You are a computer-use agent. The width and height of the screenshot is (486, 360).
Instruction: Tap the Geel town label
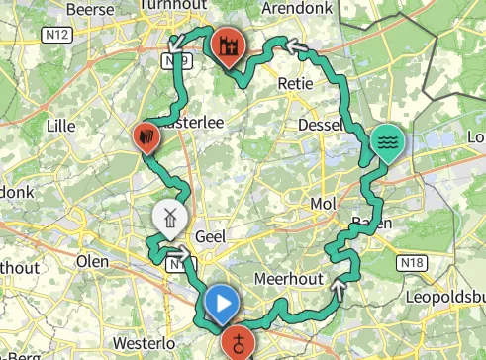[212, 238]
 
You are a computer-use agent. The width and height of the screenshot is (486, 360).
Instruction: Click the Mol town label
[324, 204]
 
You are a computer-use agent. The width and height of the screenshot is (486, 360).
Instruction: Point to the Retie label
[296, 84]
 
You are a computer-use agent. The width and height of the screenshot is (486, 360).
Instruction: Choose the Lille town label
[61, 125]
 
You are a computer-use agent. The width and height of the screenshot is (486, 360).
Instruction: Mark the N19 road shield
[176, 61]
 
